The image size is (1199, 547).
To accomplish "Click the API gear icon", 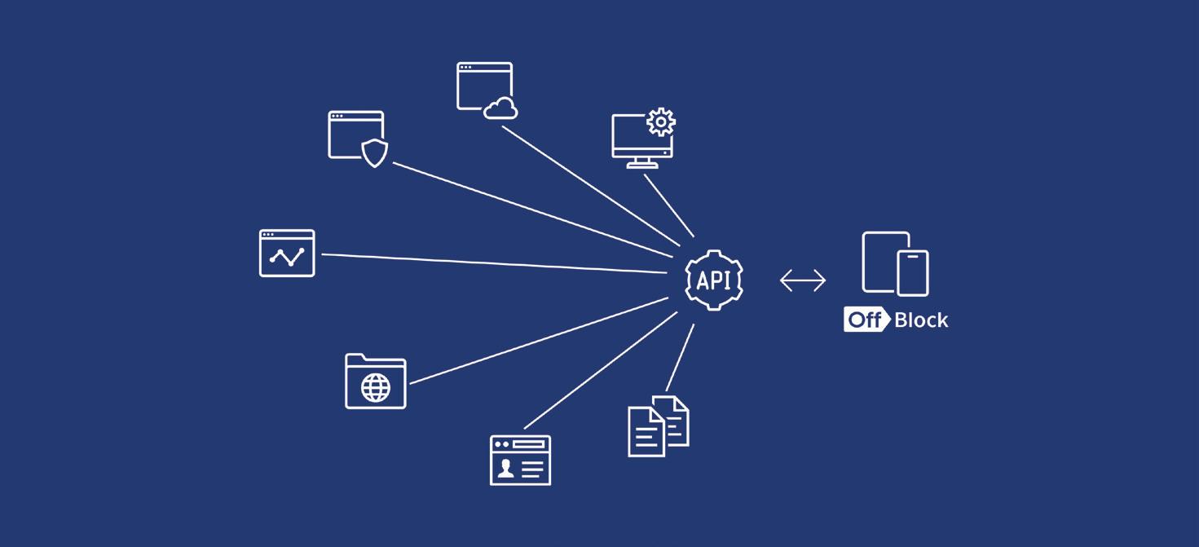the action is (714, 280).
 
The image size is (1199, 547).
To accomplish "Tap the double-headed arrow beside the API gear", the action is (803, 281).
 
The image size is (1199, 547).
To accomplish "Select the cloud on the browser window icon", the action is (500, 108).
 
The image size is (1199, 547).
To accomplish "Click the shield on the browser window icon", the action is (374, 152).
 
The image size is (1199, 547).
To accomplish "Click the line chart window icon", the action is (287, 254).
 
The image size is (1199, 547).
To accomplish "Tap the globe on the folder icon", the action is (376, 388).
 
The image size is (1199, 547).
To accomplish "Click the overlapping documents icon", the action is (658, 426).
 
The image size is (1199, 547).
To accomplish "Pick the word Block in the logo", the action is (921, 320).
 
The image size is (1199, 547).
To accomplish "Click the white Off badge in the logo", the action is (865, 320).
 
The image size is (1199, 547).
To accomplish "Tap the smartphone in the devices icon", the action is (912, 272).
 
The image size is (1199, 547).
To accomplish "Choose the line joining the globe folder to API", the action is (538, 341).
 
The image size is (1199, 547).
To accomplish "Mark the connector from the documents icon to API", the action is (680, 358).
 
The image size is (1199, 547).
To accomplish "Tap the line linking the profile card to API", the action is (599, 371).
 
